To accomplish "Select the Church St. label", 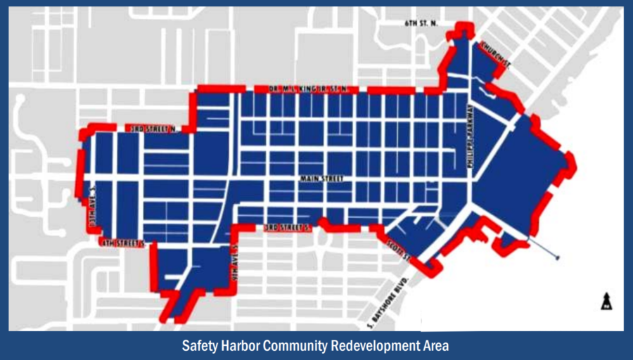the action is (496, 55).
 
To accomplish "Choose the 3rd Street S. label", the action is (288, 228).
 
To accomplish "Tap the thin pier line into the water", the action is (543, 251).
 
